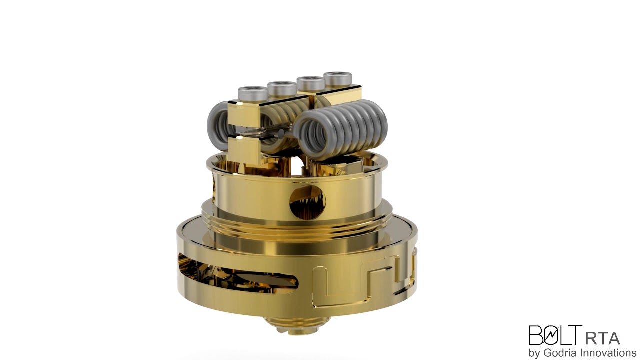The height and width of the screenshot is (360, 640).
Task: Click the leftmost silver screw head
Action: (252, 93)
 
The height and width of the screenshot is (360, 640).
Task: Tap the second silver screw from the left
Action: (282, 88)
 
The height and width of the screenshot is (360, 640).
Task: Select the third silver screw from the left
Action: (310, 82)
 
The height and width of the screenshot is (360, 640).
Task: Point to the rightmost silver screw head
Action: (337, 78)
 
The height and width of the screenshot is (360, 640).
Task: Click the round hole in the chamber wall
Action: (307, 202)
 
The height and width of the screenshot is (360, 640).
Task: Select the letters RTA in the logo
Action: (602, 338)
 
